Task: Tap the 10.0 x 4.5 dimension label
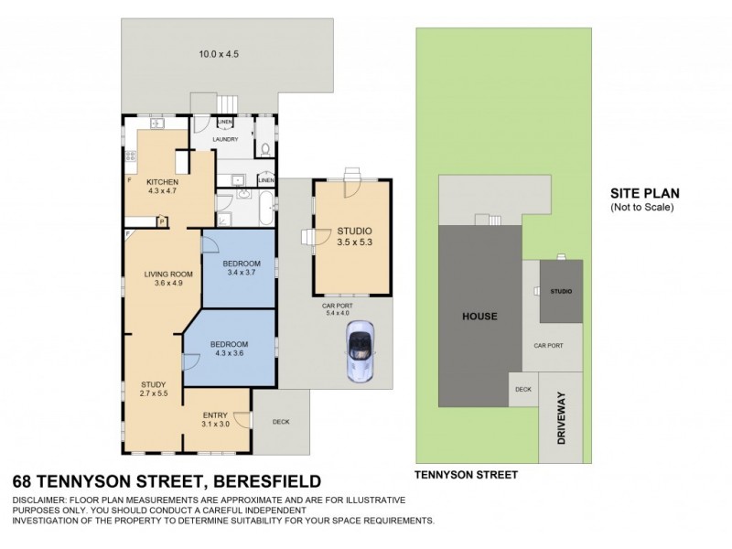click(220, 54)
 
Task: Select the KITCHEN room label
click(161, 186)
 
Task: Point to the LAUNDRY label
click(225, 139)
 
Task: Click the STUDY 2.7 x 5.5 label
click(154, 389)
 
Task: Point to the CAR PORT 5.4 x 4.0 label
click(337, 308)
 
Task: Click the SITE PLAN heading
click(645, 194)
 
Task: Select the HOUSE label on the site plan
click(479, 317)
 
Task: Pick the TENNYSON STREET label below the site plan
click(466, 475)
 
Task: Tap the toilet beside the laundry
click(265, 146)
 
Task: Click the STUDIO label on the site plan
click(560, 291)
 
